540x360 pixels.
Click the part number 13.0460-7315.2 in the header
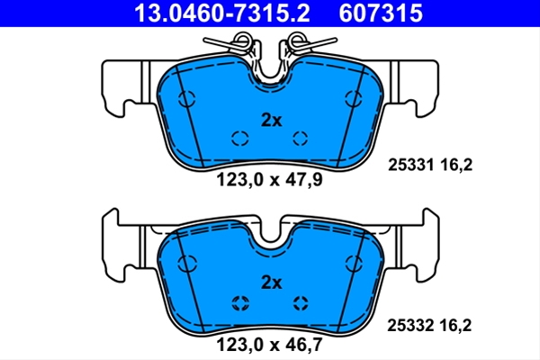tap(222, 13)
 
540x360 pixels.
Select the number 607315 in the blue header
tap(381, 13)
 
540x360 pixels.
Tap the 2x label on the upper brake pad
tap(272, 121)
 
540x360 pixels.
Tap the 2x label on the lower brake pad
tap(272, 283)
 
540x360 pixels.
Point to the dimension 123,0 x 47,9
tap(269, 179)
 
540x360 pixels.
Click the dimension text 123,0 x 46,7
tap(269, 345)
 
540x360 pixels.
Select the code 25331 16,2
tap(430, 165)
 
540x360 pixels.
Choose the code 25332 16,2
tap(429, 325)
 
